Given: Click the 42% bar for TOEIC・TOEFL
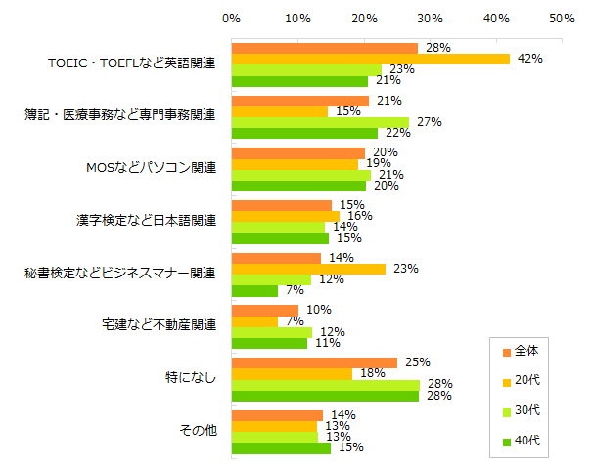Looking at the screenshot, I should click(370, 59).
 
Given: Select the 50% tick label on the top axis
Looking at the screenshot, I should click(562, 19).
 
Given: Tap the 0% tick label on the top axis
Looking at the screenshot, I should click(232, 19).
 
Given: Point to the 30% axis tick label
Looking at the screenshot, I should click(430, 19).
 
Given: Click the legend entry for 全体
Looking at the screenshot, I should click(520, 351).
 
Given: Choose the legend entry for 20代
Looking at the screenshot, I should click(520, 380).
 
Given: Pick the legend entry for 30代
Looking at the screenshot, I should click(520, 409).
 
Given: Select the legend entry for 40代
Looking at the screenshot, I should click(520, 440).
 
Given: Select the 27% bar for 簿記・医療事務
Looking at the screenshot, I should click(320, 122).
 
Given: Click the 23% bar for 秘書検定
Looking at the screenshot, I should click(307, 269).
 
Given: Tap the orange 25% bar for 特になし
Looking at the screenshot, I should click(314, 362).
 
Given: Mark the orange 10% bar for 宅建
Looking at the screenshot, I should click(264, 310).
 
